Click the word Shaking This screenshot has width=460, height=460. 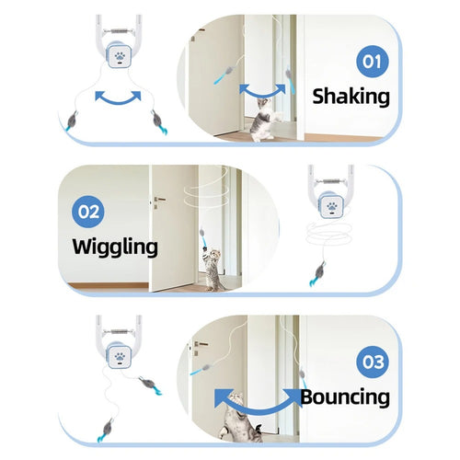pyautogui.click(x=351, y=97)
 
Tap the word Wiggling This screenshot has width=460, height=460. pyautogui.click(x=115, y=247)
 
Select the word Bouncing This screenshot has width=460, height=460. pyautogui.click(x=345, y=397)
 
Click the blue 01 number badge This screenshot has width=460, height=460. pyautogui.click(x=373, y=62)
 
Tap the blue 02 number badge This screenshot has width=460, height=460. pyautogui.click(x=88, y=212)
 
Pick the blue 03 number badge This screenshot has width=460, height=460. pyautogui.click(x=373, y=362)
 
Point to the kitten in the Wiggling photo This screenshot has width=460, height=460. pyautogui.click(x=213, y=270)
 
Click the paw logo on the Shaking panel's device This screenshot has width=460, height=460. pyautogui.click(x=120, y=57)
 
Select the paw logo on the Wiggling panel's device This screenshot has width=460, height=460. pyautogui.click(x=332, y=207)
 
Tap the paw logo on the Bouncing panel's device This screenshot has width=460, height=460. pyautogui.click(x=120, y=357)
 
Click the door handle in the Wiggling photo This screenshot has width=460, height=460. pyautogui.click(x=159, y=201)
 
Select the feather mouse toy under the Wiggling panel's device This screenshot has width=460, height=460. pyautogui.click(x=318, y=273)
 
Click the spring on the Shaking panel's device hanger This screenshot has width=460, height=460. pyautogui.click(x=120, y=31)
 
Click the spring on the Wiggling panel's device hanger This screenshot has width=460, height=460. pyautogui.click(x=331, y=181)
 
